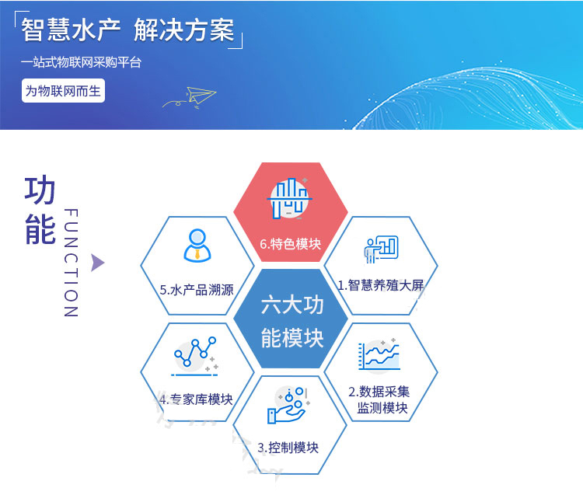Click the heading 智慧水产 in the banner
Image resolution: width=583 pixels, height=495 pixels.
pos(69,30)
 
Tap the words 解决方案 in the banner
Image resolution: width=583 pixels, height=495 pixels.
pos(184,30)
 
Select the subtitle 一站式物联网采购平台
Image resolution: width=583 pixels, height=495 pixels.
pos(82,63)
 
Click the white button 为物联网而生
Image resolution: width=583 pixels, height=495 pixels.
pos(63,91)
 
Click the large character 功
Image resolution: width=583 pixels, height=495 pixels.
pos(40,191)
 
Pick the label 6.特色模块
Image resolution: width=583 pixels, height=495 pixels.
pos(290,243)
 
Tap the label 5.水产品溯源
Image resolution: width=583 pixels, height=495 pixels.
pos(196,290)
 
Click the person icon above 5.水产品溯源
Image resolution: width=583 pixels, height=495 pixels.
pos(196,245)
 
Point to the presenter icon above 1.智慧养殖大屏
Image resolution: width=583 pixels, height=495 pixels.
pos(381,248)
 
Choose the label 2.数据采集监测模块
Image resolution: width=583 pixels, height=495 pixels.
pos(383,399)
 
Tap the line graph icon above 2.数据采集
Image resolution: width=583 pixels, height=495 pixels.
pos(379,357)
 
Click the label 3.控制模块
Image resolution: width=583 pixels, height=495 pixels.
pos(288,448)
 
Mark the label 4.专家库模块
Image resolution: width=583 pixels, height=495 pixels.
pos(196,399)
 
